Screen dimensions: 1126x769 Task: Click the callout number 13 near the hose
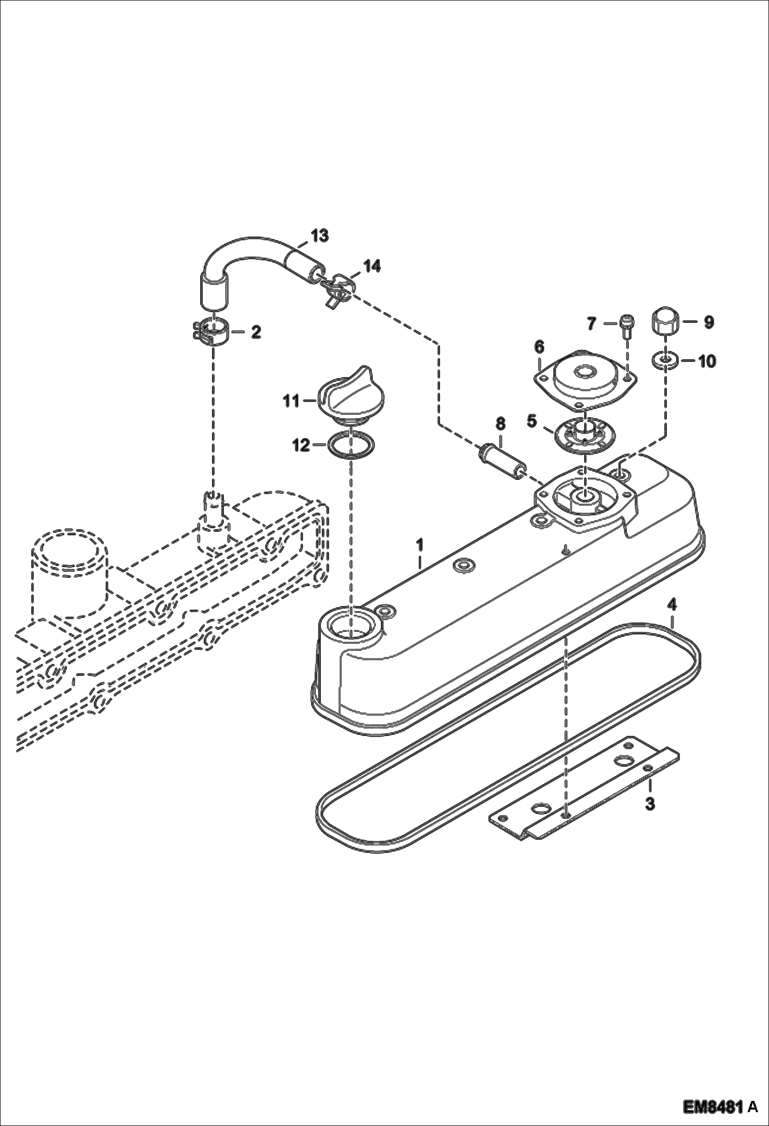point(319,236)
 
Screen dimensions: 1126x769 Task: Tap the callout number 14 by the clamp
point(372,266)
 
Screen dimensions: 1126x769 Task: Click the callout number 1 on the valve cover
point(419,544)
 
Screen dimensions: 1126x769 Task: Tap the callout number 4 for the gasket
point(671,605)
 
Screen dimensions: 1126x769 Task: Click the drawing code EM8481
point(713,1104)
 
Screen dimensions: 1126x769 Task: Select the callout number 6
point(539,347)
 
